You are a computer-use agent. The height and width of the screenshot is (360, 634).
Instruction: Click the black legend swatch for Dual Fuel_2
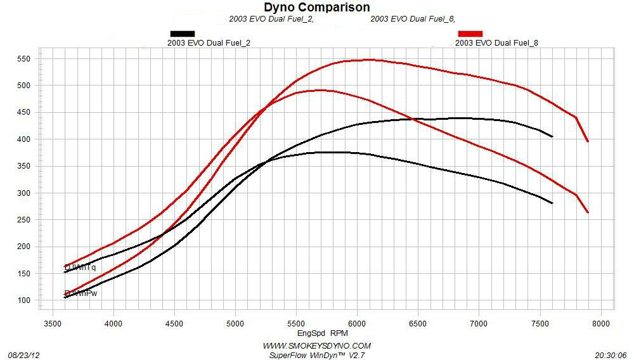point(183,34)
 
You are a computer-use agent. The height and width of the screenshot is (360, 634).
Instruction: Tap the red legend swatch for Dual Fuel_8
point(470,34)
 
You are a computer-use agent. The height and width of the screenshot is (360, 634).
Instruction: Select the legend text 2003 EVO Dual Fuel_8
point(497,43)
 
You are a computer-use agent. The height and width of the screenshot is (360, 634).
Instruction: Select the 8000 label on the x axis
point(600,323)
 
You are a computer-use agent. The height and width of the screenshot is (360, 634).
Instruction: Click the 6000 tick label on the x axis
point(357,323)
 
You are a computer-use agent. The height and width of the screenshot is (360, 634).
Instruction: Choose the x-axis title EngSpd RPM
point(323,333)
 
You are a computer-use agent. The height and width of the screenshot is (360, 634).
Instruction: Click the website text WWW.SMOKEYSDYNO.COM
point(317,346)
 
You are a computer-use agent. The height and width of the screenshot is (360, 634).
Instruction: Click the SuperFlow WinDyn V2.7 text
point(317,355)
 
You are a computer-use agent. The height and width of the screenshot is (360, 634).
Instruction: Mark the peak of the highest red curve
point(370,60)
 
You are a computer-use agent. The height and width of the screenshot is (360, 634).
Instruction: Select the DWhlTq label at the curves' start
point(81,267)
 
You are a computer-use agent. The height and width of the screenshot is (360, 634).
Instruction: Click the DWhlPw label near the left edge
point(81,293)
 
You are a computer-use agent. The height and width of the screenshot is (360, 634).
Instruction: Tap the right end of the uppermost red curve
point(588,141)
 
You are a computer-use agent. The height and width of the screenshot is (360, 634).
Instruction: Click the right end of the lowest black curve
point(553,203)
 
